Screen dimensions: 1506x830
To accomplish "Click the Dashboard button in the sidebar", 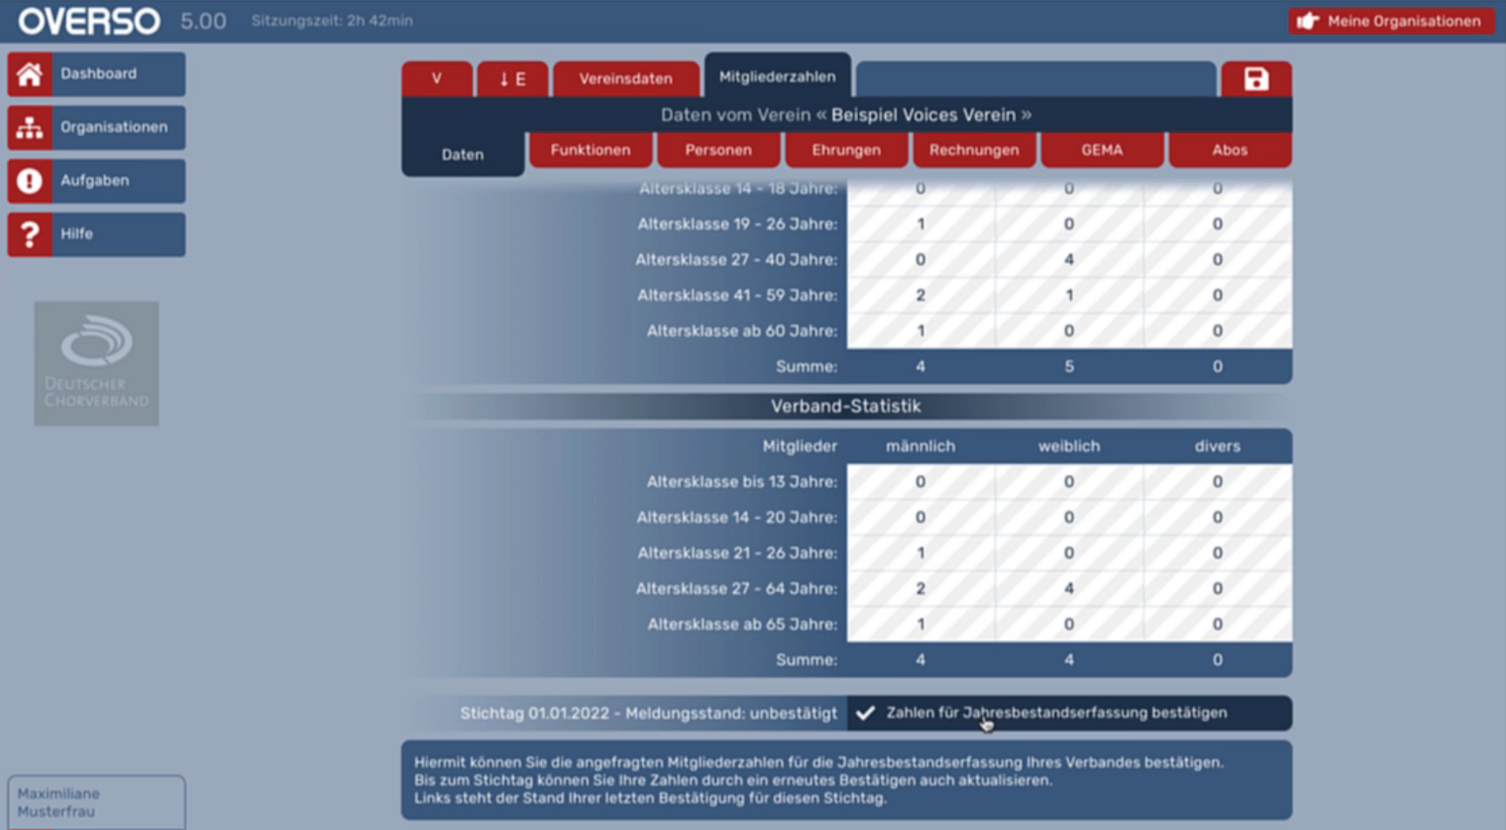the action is tap(97, 74).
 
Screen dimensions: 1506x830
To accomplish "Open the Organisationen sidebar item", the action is tap(97, 127).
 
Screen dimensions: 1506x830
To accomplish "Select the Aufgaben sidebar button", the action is tap(97, 180).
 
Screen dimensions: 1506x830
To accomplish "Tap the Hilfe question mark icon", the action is tap(30, 234).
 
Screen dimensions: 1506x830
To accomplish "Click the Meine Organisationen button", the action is tap(1392, 21).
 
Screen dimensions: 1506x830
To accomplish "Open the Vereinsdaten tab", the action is tap(626, 78).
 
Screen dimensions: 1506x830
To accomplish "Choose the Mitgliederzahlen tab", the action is tap(777, 77).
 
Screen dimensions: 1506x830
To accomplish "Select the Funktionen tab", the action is tap(590, 150).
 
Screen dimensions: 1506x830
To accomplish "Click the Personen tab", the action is tap(719, 150).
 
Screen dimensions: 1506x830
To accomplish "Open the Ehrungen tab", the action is tap(846, 150).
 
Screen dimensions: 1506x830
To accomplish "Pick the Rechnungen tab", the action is tap(974, 150).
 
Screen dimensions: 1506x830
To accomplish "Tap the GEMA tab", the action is tap(1102, 150).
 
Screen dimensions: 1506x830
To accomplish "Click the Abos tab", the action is tap(1230, 150).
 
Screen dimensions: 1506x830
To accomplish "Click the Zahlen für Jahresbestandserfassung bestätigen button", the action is tap(1069, 713).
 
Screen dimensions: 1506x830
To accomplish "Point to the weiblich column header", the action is tap(1069, 446).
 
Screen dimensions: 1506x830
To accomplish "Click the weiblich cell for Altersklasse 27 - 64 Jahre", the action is tap(1069, 588).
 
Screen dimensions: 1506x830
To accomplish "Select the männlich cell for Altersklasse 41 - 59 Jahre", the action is tap(921, 296).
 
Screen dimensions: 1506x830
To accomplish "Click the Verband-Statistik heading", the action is tap(846, 406).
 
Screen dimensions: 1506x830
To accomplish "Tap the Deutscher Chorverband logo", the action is tap(97, 364).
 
